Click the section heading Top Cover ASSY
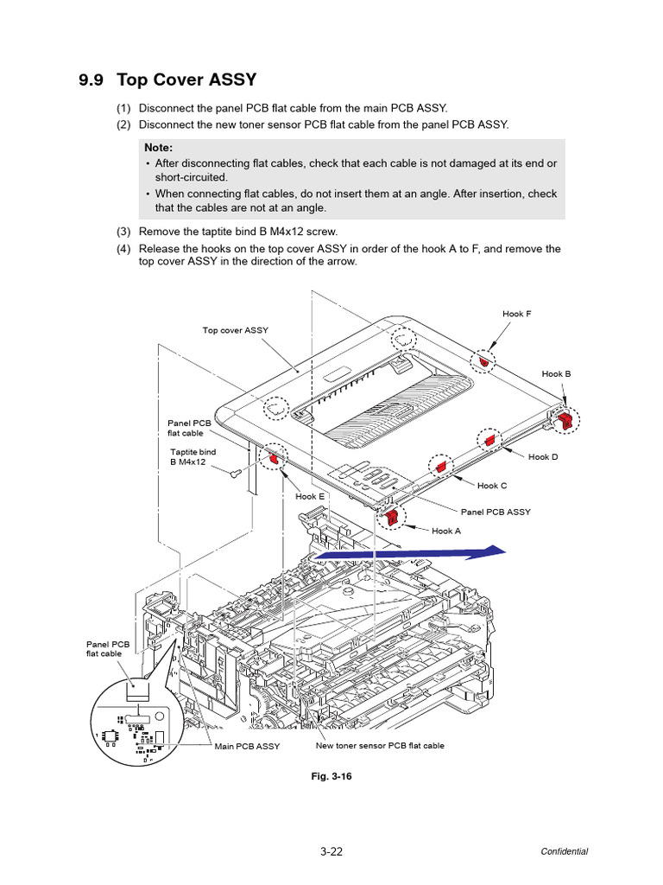167,80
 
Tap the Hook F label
517,314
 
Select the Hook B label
556,374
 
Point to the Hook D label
543,457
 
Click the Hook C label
492,486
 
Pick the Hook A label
446,532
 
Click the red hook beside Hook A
392,517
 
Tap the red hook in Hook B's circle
566,420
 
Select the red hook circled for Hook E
276,457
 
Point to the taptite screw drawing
235,473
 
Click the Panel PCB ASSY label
496,513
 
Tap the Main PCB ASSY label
247,747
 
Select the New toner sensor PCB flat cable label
380,745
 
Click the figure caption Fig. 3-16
331,776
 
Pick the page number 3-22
331,851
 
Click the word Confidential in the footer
564,851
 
